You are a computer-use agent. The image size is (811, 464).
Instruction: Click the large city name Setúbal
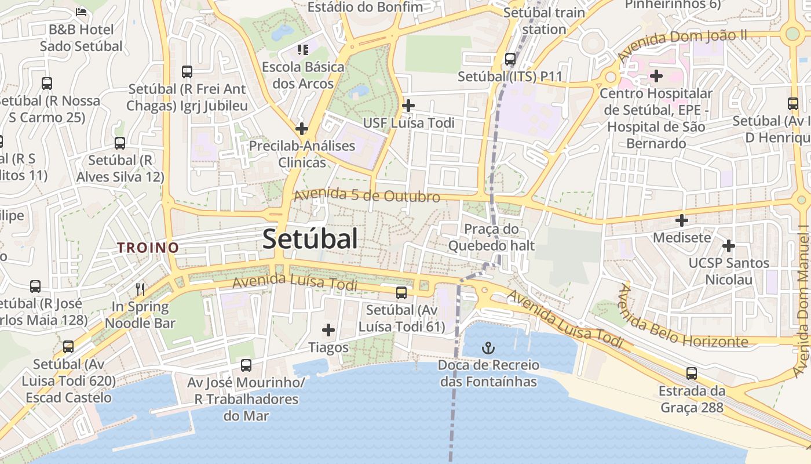(x=310, y=239)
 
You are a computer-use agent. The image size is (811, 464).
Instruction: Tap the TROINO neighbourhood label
(x=148, y=248)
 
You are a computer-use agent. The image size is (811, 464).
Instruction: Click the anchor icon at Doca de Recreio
(x=488, y=349)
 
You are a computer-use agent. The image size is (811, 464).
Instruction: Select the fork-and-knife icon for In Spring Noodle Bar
(x=140, y=289)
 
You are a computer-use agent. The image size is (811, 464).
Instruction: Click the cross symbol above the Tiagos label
(x=328, y=331)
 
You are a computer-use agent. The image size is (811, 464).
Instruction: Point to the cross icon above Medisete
(x=682, y=220)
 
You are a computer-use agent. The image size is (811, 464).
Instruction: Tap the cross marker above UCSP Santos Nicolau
(x=728, y=246)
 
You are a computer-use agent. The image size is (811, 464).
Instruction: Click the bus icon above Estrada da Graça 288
(x=691, y=374)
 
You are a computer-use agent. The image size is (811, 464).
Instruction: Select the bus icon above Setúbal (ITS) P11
(x=510, y=59)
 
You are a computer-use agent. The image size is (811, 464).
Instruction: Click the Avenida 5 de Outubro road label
(x=367, y=196)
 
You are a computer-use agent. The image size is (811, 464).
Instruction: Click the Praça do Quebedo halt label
(x=491, y=237)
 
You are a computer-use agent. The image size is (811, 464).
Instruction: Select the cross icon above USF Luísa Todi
(x=408, y=106)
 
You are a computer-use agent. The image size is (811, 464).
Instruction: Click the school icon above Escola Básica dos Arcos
(x=302, y=50)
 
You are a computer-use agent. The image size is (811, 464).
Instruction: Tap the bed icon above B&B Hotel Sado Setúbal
(x=81, y=12)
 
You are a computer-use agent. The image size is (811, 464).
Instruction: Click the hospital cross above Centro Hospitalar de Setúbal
(x=656, y=76)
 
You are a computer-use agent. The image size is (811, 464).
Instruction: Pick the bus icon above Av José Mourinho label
(x=246, y=365)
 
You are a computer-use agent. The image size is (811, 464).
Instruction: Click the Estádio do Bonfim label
(x=365, y=7)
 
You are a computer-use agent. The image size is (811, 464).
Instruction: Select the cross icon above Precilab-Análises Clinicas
(x=302, y=129)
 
